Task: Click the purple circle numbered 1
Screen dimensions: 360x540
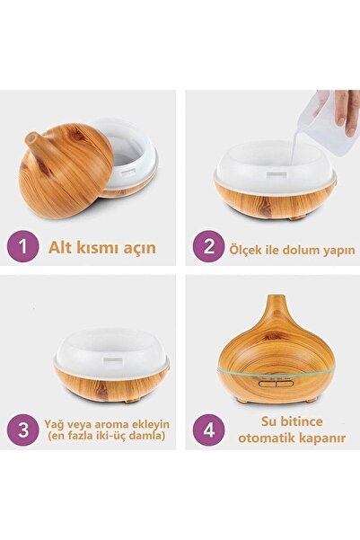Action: (22, 246)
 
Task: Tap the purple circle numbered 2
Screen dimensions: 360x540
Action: (209, 246)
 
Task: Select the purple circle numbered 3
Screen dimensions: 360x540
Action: (22, 430)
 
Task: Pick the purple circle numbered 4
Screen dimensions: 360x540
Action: (209, 430)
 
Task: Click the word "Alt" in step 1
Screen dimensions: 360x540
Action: (60, 247)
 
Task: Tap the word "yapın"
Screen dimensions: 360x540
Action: (338, 251)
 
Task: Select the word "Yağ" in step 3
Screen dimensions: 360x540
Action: (52, 424)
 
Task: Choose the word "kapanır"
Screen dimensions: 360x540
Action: (322, 439)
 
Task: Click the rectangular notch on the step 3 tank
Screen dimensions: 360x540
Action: (111, 361)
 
